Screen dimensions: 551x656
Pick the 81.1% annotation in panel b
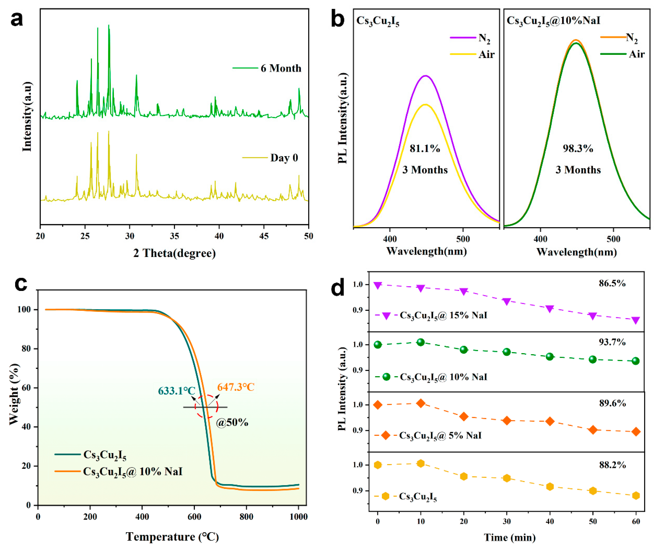pos(425,148)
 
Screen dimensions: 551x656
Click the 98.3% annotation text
pos(578,148)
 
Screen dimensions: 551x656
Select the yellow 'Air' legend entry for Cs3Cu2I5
pos(486,54)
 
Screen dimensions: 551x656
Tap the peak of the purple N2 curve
pos(425,76)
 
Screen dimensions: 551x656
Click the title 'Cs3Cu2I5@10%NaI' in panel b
pos(553,21)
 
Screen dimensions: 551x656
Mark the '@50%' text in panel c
pos(232,423)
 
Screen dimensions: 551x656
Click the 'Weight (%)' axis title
pos(14,395)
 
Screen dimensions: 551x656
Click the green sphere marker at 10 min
pos(421,342)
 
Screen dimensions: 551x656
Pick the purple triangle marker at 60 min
pos(636,320)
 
